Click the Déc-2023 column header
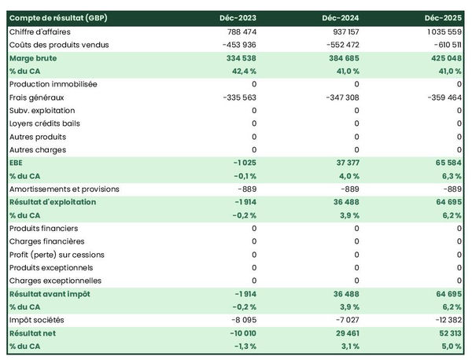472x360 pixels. (239, 17)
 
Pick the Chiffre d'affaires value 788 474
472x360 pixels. (238, 31)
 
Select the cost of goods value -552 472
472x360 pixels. (338, 45)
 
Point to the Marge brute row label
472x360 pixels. (32, 58)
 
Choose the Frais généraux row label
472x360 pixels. (36, 97)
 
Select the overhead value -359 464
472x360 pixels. (441, 97)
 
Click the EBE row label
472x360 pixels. (16, 163)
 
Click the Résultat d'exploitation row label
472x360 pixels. (52, 202)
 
